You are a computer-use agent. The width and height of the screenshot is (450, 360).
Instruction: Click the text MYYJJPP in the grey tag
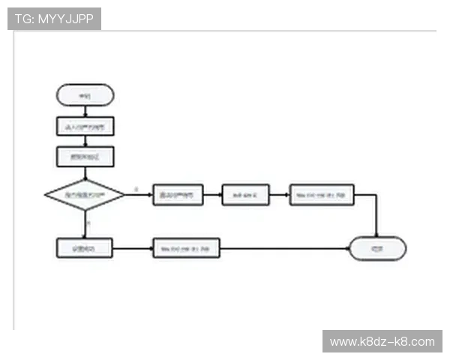65,19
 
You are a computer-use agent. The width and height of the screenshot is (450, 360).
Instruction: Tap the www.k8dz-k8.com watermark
381,342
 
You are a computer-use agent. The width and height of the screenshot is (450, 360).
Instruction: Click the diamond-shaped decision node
85,195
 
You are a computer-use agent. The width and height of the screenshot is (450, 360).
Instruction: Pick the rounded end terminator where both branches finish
377,248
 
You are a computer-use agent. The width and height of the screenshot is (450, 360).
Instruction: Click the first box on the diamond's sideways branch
178,195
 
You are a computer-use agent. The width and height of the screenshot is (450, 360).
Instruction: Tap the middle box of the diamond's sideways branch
244,195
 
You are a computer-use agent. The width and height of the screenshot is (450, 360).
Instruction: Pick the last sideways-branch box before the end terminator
321,195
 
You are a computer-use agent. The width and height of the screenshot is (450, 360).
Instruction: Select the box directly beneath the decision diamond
85,248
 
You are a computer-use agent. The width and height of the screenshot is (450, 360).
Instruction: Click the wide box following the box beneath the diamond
186,248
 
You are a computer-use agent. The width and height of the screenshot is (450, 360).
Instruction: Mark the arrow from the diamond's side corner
139,195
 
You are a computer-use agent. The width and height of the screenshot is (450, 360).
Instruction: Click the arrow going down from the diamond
85,224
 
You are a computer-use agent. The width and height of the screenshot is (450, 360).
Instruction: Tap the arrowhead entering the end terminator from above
376,233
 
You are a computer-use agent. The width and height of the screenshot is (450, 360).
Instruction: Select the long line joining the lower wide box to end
285,248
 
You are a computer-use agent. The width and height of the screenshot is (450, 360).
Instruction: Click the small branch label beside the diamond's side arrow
136,189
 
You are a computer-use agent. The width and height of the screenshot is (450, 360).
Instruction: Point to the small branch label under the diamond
88,223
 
